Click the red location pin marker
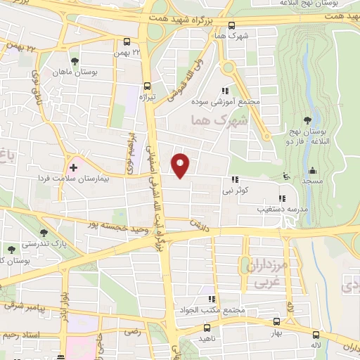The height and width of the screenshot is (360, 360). (x=181, y=165)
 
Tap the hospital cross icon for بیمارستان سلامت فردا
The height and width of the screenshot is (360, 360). (x=73, y=167)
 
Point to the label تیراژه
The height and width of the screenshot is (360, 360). (x=146, y=96)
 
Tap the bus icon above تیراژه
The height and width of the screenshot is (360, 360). (x=146, y=84)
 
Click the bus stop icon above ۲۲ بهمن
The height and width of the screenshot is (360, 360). (x=127, y=41)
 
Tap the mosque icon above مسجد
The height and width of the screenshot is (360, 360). (x=312, y=170)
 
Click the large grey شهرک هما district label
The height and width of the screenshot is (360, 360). (x=220, y=122)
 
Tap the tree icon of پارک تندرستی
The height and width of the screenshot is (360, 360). (x=44, y=232)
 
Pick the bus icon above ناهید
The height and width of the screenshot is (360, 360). (x=207, y=328)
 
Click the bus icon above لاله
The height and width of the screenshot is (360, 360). (x=315, y=334)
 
